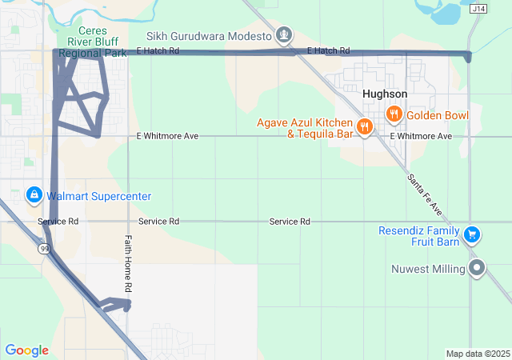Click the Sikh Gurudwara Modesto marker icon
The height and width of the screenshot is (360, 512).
(x=283, y=35)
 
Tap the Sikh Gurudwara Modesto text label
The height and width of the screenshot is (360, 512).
(x=209, y=36)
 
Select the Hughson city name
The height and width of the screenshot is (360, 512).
(x=384, y=94)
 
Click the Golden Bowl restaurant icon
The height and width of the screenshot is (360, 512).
(x=394, y=114)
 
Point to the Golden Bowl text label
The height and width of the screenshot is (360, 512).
(x=437, y=115)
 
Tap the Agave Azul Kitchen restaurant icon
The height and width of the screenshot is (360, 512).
(x=364, y=126)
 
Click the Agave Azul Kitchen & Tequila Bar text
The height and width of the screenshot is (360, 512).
(x=305, y=128)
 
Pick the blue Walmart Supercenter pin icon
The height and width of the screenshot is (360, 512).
(x=34, y=195)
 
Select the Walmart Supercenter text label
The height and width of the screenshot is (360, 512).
(x=98, y=196)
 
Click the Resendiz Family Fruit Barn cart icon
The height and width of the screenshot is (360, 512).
(x=473, y=234)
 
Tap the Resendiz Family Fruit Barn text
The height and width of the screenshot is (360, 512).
(x=421, y=236)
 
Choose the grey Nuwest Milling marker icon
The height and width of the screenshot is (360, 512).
(x=478, y=268)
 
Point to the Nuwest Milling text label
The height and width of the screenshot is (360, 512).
(x=429, y=269)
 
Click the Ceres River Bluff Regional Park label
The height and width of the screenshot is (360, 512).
(x=93, y=42)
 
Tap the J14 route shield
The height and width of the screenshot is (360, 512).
(x=478, y=9)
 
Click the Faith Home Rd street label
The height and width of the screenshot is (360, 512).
(x=127, y=264)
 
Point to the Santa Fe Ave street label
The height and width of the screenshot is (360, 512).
(x=424, y=193)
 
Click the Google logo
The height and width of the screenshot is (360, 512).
(x=26, y=350)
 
